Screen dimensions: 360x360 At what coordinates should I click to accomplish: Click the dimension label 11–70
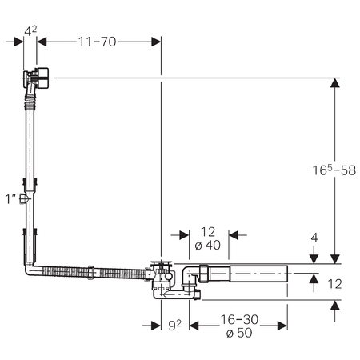pos(97,42)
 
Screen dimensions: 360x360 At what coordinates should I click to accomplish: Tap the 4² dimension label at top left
pos(30,30)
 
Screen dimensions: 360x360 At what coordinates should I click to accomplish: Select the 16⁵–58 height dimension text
pos(334,170)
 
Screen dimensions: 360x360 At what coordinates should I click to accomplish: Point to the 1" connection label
pos(10,199)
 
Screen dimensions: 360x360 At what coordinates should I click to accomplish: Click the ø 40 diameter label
pos(208,245)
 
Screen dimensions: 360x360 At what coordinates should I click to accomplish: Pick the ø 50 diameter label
pos(239,333)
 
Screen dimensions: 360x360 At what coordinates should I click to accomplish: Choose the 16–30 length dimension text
pos(239,319)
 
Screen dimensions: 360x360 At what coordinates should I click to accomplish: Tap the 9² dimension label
pos(175,325)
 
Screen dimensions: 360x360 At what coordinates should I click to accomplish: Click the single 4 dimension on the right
pos(314,238)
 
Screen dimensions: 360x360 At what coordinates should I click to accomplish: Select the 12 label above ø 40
pos(208,232)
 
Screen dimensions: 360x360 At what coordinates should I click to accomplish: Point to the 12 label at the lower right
pos(334,284)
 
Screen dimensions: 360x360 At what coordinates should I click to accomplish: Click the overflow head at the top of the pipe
pos(36,78)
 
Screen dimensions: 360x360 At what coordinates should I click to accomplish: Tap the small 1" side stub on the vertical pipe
pos(22,199)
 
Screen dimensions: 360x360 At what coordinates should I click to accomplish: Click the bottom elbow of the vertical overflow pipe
pos(30,270)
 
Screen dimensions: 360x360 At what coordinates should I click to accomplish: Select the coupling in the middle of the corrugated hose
pos(90,272)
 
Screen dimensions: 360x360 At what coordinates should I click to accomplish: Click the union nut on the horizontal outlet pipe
pos(204,274)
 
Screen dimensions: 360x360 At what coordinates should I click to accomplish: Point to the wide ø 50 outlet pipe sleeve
pos(258,274)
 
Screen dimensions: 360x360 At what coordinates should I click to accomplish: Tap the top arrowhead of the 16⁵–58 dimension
pos(335,82)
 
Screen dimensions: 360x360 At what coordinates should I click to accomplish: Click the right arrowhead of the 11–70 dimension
pos(156,42)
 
